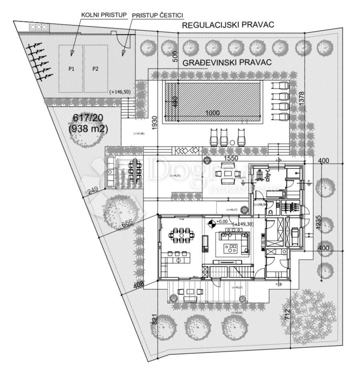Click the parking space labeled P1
tap(71, 69)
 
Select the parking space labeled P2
tap(95, 69)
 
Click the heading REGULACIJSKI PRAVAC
tap(228, 25)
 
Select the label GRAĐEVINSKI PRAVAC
tap(227, 62)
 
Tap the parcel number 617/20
tap(88, 118)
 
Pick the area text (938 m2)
tap(88, 129)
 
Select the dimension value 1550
tap(231, 159)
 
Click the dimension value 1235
tap(317, 222)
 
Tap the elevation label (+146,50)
tap(119, 92)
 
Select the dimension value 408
tap(138, 285)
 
